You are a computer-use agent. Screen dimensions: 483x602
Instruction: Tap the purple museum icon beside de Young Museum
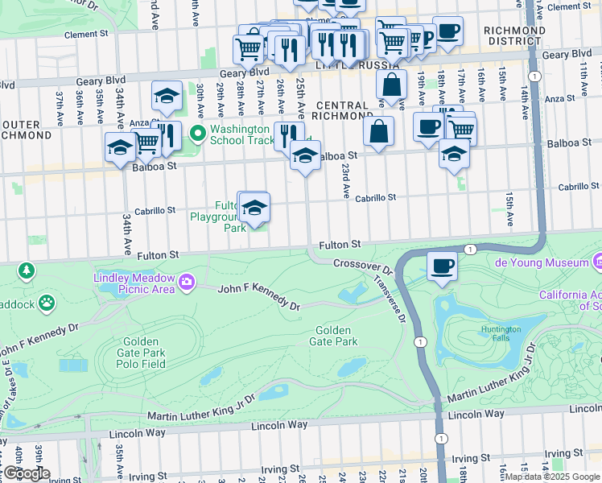[597, 262]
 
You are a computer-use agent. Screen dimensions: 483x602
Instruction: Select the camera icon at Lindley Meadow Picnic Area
[187, 281]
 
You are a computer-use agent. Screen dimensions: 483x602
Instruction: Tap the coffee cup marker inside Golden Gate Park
[441, 266]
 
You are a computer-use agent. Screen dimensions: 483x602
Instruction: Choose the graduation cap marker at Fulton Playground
[254, 208]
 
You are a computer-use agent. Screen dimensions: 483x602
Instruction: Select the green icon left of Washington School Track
[197, 134]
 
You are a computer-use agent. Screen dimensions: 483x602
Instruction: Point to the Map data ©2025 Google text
[552, 477]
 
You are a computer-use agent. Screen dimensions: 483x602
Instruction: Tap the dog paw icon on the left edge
[47, 303]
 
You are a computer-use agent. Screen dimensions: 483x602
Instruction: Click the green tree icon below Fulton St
[27, 269]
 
